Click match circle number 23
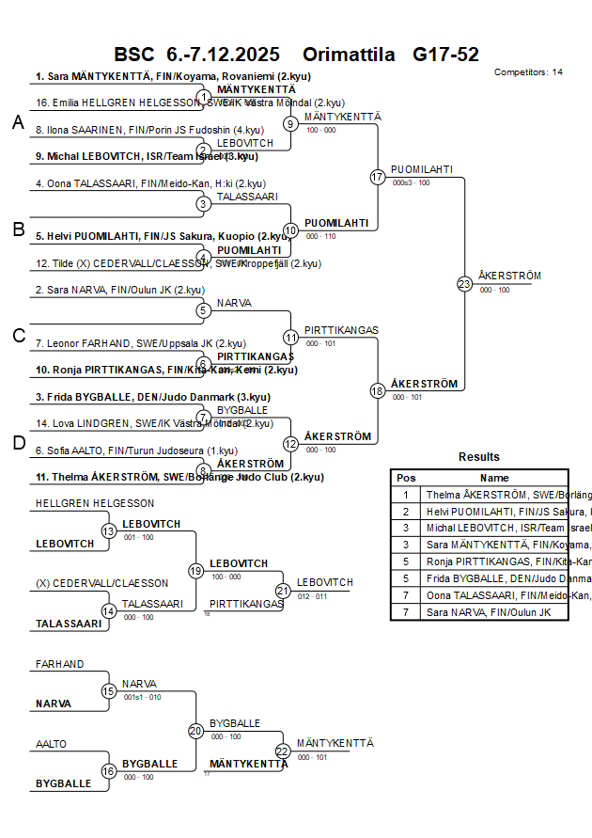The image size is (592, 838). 464,283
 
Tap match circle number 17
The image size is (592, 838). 378,177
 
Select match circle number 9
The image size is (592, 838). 291,123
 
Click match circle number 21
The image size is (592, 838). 283,591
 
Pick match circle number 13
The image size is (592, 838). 109,531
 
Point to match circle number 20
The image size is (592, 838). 195,730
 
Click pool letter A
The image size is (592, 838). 18,122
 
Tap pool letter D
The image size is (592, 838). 18,444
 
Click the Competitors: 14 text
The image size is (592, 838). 528,71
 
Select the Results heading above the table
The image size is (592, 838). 479,457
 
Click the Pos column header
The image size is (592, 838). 406,478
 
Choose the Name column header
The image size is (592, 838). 494,478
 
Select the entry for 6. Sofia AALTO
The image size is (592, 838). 131,451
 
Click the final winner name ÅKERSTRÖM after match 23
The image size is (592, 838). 509,276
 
